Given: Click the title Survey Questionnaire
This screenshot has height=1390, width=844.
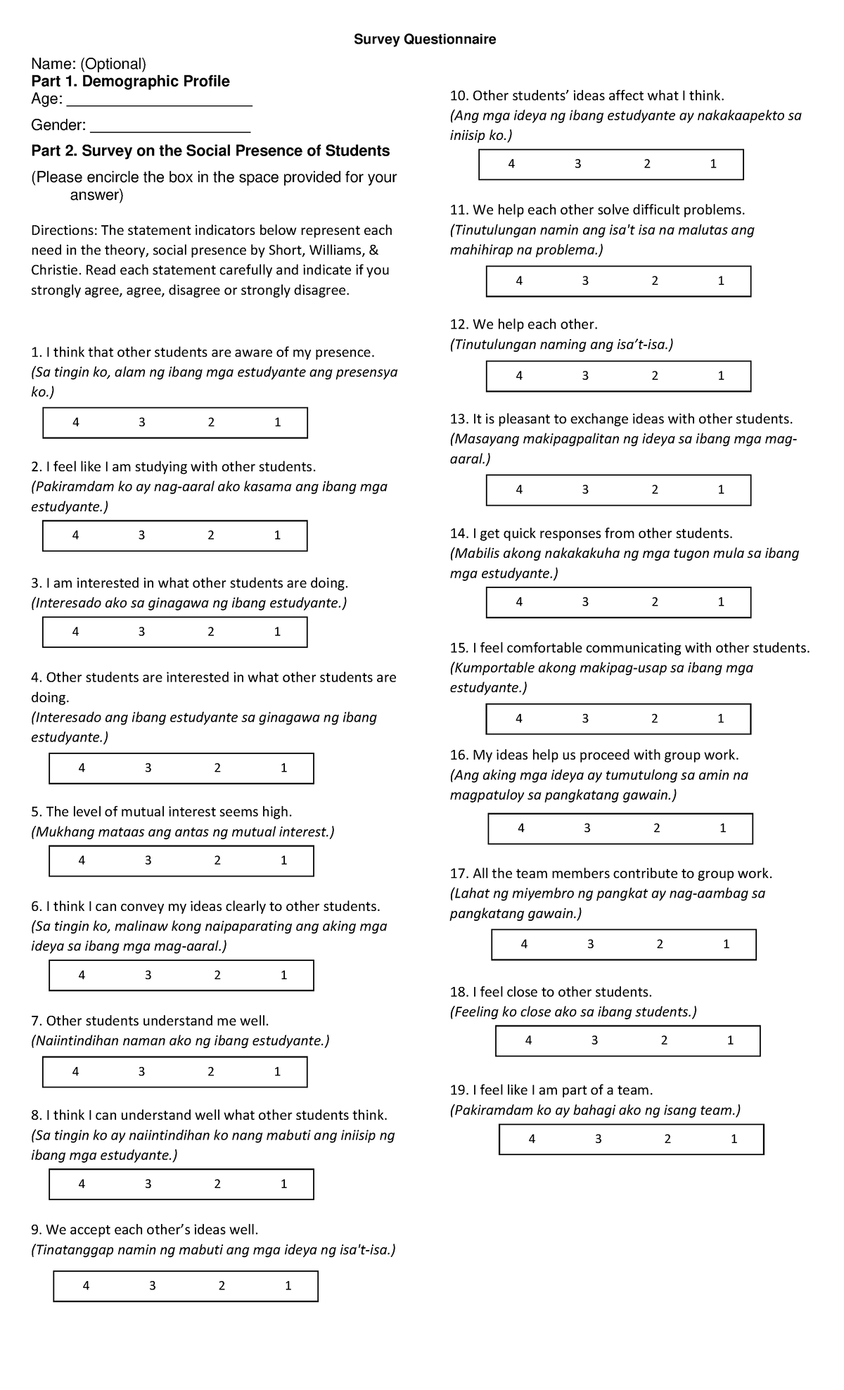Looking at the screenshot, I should click(x=425, y=39).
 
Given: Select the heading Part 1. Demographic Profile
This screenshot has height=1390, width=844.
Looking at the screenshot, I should click(x=130, y=82).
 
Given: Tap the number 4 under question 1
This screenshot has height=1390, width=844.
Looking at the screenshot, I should click(x=76, y=423).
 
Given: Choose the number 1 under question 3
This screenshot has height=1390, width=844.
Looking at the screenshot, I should click(x=277, y=632).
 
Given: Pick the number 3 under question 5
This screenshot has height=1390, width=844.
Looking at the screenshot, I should click(x=148, y=860).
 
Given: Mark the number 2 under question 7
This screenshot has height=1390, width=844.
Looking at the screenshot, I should click(x=211, y=1072).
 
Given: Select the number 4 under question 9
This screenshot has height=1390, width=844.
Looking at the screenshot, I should click(x=86, y=1286).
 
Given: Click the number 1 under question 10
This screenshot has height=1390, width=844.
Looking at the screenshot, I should click(x=713, y=164).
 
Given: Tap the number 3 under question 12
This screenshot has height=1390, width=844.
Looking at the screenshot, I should click(x=585, y=376).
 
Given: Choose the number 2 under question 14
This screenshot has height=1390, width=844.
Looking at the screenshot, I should click(x=655, y=602).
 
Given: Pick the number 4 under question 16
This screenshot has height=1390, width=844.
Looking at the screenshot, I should click(x=521, y=829).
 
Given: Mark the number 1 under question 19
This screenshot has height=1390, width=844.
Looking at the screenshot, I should click(x=734, y=1139).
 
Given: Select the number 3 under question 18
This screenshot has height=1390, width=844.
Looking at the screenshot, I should click(x=594, y=1040).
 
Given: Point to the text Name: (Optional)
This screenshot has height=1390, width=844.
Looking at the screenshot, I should click(x=89, y=65).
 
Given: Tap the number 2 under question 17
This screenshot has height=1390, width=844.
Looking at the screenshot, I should click(x=660, y=945).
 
